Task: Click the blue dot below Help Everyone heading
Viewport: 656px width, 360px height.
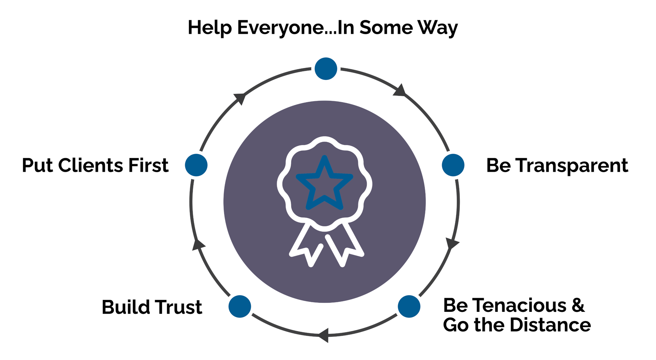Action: pos(326,69)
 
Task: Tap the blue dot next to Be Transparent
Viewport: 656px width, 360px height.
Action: pos(453,165)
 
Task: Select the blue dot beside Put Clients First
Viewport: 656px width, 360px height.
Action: pos(196,165)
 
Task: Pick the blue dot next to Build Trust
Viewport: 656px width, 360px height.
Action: pos(240,306)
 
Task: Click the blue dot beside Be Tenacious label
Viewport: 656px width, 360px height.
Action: pos(409,306)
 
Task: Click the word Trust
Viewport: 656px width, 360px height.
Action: pos(180,307)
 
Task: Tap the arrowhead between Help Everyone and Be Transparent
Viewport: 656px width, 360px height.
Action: pos(399,91)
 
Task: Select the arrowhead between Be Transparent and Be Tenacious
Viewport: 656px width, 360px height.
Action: pos(452,243)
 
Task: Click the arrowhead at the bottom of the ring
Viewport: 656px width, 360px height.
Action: pos(324,335)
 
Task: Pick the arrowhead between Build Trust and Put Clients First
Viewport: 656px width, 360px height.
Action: pos(198,245)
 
